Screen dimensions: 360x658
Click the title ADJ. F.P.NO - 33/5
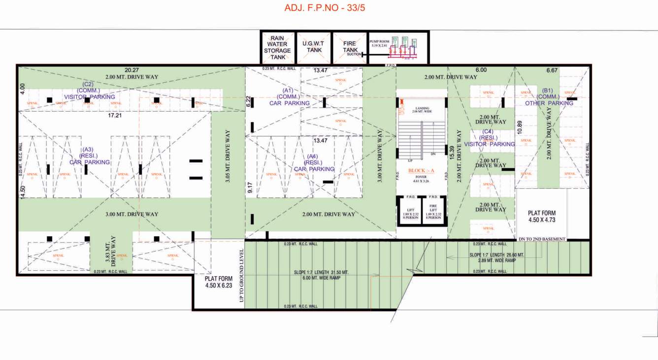coord(325,8)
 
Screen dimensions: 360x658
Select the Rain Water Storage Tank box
coord(277,47)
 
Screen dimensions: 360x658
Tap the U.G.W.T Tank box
coord(314,47)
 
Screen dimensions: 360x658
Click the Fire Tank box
coord(350,47)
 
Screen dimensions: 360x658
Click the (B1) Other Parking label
coord(548,97)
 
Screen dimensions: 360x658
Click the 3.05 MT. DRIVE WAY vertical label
coord(228,157)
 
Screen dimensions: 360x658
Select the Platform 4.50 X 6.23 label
coord(219,282)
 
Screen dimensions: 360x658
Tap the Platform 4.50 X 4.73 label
coord(541,217)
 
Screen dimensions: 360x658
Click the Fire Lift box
coord(434,210)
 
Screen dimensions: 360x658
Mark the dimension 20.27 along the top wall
coord(132,70)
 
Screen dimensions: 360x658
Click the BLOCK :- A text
coord(421,171)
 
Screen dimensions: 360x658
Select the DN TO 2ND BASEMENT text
coord(542,239)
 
